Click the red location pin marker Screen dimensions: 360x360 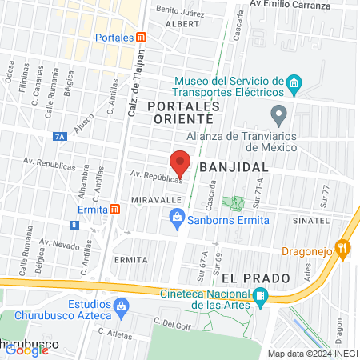pos(181,162)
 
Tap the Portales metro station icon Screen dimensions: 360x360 pos(142,38)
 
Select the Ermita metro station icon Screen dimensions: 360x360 pos(115,209)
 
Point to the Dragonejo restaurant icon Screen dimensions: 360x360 pos(344,248)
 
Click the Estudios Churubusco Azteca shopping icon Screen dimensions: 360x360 pos(121,305)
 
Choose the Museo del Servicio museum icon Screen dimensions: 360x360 pos(294,83)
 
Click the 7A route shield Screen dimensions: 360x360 pos(62,137)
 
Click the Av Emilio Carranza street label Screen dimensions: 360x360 pos(289,3)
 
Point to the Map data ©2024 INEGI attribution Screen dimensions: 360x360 pos(311,353)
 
